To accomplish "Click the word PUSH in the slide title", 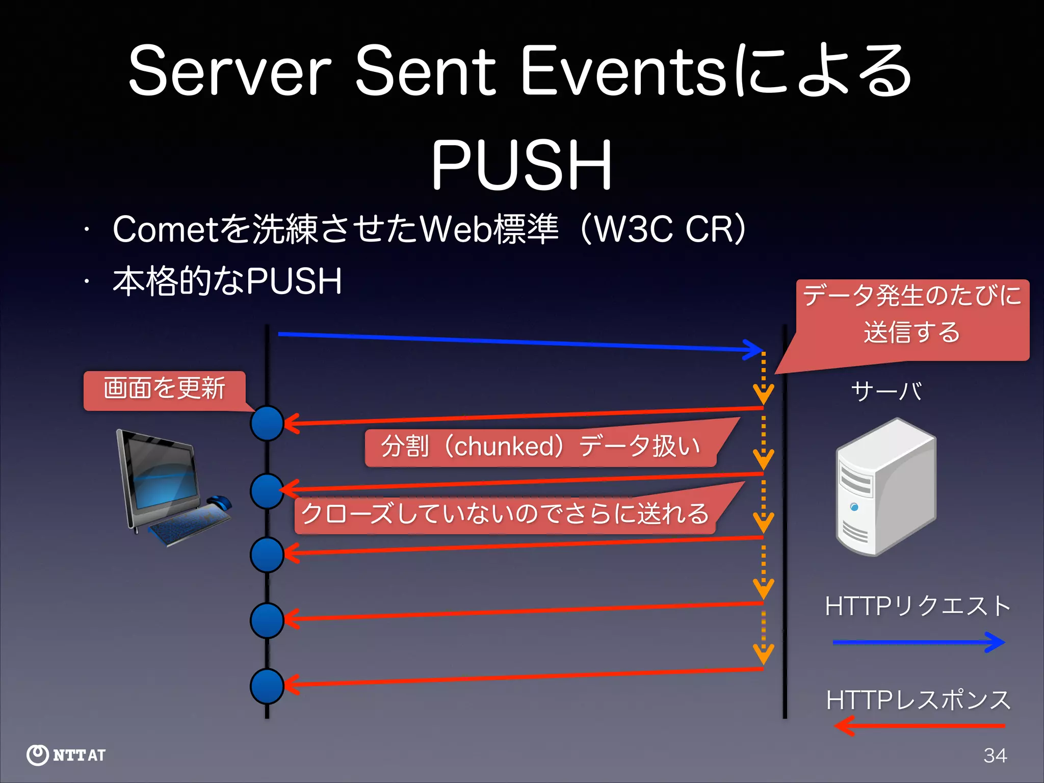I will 521,165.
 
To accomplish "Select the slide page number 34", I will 995,755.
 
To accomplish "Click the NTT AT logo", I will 66,755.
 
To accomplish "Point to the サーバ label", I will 886,391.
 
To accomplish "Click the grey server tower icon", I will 885,487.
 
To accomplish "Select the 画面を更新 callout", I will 164,389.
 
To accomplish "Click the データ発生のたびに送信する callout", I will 912,315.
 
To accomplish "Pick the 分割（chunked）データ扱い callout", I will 540,446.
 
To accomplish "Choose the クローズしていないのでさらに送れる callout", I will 505,513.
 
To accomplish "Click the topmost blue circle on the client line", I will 267,423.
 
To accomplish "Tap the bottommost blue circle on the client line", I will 267,686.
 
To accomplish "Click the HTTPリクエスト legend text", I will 918,606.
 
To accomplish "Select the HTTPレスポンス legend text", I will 918,699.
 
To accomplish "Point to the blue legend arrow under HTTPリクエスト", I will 918,642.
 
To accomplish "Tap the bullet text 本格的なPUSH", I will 227,281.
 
